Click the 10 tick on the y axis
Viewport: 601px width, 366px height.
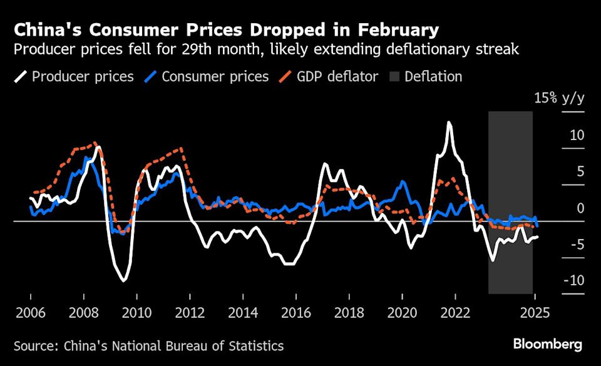pyautogui.click(x=577, y=135)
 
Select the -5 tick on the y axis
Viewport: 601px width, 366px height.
pyautogui.click(x=575, y=245)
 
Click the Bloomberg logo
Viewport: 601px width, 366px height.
pyautogui.click(x=548, y=344)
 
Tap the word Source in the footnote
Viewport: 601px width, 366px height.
pyautogui.click(x=34, y=345)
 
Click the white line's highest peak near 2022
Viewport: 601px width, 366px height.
pyautogui.click(x=449, y=123)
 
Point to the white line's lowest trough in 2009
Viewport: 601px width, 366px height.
pyautogui.click(x=123, y=280)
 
